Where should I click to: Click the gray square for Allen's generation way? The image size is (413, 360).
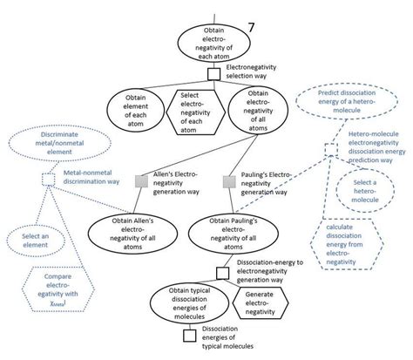tap(141, 180)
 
